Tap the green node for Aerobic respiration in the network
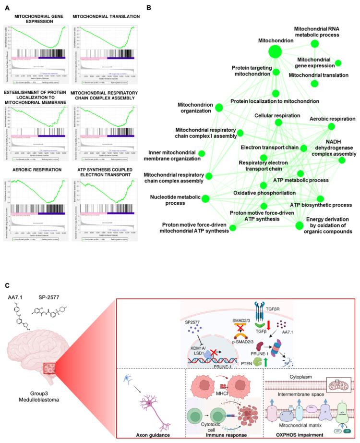(330, 126)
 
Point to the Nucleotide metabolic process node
(205, 198)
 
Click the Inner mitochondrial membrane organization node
(202, 154)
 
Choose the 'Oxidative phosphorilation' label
(264, 193)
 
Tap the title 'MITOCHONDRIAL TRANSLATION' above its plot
(106, 17)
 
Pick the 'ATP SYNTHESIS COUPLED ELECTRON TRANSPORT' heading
(106, 172)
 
